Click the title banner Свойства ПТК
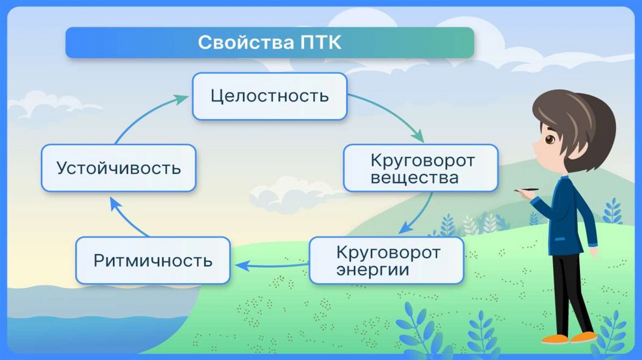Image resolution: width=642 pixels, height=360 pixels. pyautogui.click(x=270, y=43)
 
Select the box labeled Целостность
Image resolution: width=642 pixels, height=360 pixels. pyautogui.click(x=270, y=96)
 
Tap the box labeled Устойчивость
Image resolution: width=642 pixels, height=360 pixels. pyautogui.click(x=118, y=168)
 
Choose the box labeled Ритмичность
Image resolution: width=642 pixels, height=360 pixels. pyautogui.click(x=153, y=260)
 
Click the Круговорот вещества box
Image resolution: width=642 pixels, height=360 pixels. pyautogui.click(x=421, y=168)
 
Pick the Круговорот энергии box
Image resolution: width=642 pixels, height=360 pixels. pyautogui.click(x=387, y=260)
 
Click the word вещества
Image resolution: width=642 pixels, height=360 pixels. pyautogui.click(x=414, y=178)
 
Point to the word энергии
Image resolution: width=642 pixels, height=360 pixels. pyautogui.click(x=372, y=270)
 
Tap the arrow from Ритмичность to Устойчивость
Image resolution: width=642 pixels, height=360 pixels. pyautogui.click(x=125, y=216)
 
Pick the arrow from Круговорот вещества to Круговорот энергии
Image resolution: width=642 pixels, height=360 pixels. pyautogui.click(x=420, y=213)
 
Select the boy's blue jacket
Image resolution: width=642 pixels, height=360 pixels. pyautogui.click(x=567, y=216)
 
